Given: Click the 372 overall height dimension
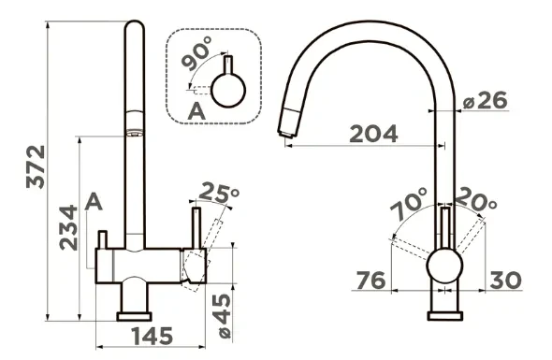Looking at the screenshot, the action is [36, 167].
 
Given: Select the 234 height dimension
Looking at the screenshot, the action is [68, 227].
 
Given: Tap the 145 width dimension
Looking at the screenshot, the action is [153, 336].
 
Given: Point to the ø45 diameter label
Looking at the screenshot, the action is [223, 316].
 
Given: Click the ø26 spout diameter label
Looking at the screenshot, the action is [486, 100].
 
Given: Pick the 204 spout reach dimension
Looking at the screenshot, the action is [374, 134].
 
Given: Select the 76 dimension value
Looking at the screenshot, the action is [371, 281].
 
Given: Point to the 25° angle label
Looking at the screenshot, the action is [219, 193].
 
